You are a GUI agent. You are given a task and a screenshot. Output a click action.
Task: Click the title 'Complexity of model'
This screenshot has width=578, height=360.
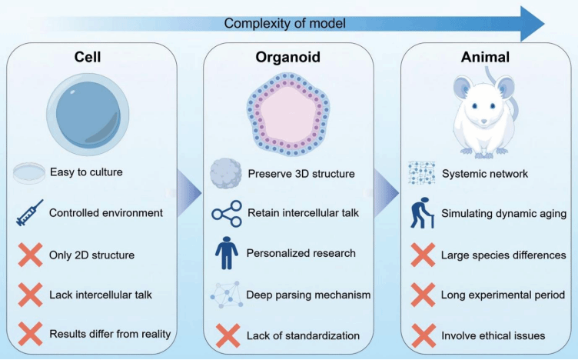point(284,23)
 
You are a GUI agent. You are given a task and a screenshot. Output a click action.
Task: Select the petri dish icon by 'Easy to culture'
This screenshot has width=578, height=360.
point(29,172)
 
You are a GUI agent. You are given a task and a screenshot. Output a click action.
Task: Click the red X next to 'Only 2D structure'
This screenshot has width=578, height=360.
point(29,254)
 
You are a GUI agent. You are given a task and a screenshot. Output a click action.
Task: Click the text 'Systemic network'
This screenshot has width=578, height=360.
point(484,173)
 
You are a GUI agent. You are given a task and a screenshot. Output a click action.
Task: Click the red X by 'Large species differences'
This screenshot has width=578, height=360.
point(422,254)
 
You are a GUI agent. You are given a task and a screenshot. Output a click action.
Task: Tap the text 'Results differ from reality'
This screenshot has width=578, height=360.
point(110,334)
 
